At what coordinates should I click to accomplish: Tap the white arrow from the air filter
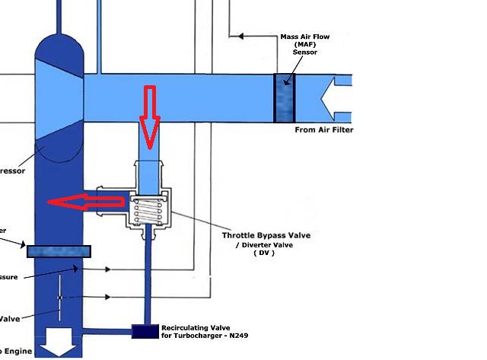(336, 98)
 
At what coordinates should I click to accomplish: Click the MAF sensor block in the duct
(285, 98)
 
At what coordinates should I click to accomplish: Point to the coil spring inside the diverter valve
(149, 210)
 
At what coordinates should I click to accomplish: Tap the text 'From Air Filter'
(323, 130)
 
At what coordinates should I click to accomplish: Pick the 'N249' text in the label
(237, 335)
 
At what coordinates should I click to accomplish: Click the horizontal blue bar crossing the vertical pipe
(59, 251)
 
